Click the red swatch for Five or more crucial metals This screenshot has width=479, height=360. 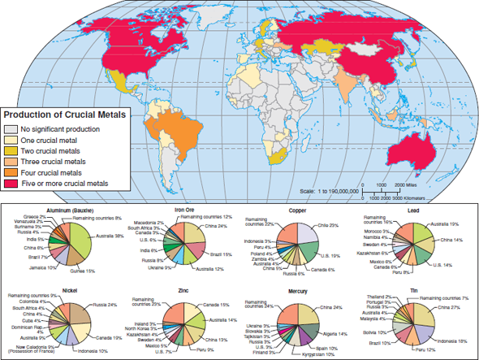(11, 184)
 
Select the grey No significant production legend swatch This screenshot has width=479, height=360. (11, 128)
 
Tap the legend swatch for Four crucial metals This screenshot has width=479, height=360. (11, 172)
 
